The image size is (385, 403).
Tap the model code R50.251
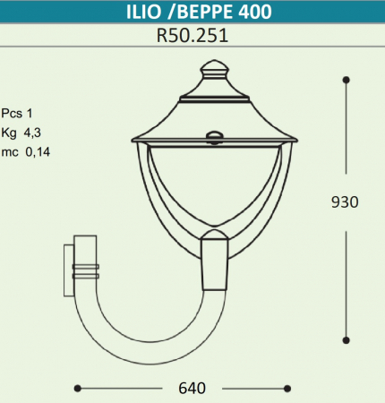[191, 39]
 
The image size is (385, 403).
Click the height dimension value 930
[345, 202]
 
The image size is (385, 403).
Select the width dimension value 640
[192, 388]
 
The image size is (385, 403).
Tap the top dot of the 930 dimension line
[346, 80]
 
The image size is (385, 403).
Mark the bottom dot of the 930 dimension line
[346, 339]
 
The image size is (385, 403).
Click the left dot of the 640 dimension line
[78, 388]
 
